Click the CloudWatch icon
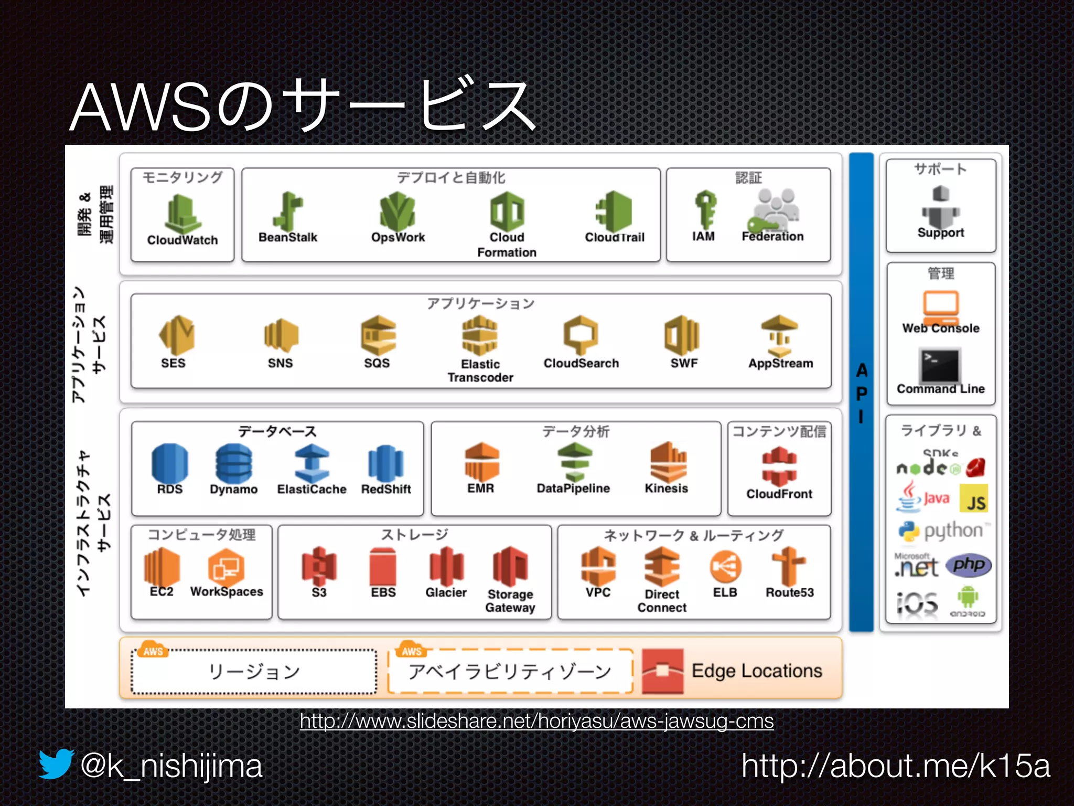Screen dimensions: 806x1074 (x=182, y=213)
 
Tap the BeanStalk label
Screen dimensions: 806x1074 (x=288, y=237)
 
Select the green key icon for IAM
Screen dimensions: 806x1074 (x=705, y=209)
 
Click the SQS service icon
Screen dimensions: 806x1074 (x=378, y=335)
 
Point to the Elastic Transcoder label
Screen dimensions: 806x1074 (x=480, y=370)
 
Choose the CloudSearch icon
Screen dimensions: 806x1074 (x=581, y=334)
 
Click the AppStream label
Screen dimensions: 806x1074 (x=780, y=363)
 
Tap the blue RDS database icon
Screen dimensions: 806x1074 (x=170, y=462)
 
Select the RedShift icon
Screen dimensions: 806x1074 (x=386, y=463)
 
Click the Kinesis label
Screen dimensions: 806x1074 (x=666, y=488)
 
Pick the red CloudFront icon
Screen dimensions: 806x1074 (x=779, y=466)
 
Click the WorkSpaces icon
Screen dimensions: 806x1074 (x=226, y=567)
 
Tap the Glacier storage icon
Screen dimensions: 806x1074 (x=446, y=566)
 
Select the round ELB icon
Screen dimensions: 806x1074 (x=725, y=567)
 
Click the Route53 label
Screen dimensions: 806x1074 (x=789, y=592)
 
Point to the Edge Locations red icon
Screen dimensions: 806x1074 (x=663, y=671)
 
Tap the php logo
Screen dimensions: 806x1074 (x=968, y=565)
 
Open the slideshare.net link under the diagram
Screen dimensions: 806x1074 (x=536, y=721)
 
